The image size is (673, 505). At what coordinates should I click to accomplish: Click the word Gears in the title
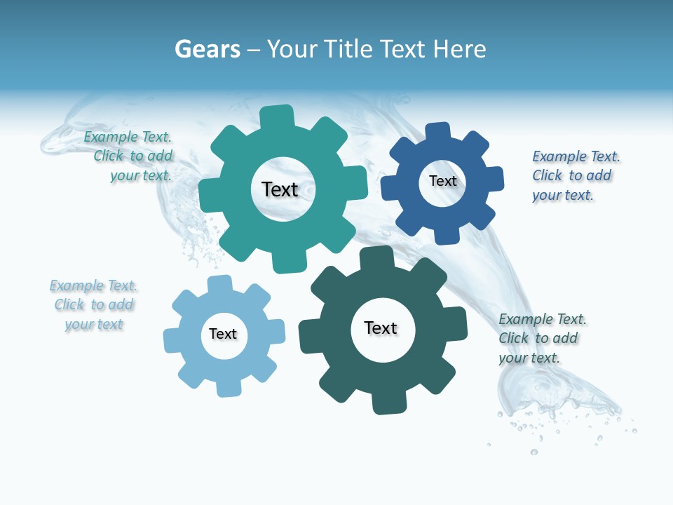point(208,49)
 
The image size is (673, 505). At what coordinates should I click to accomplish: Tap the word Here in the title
point(459,49)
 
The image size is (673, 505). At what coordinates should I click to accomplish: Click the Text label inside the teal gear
point(280,189)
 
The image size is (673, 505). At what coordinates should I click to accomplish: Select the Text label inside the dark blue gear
point(442,181)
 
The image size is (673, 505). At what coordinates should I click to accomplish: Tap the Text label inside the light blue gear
point(223,334)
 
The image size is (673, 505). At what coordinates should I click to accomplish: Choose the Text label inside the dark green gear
point(381,328)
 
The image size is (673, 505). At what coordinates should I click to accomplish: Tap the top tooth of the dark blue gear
point(438,132)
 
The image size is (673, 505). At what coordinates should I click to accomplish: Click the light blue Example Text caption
point(94,304)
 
